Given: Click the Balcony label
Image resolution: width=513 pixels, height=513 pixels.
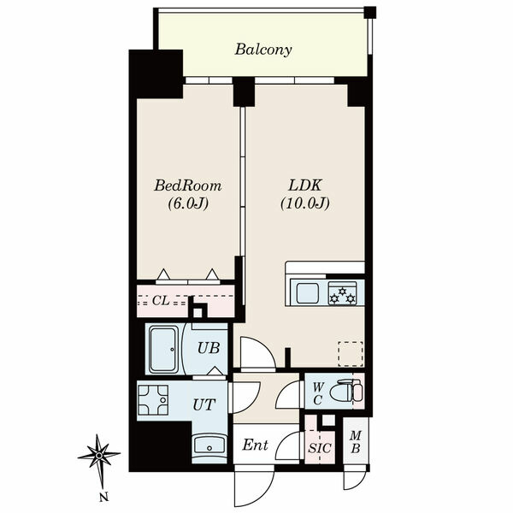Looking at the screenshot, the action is click(263, 50).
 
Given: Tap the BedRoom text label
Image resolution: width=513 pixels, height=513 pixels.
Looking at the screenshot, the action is click(188, 186).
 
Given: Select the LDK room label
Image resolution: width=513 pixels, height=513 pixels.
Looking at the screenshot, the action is click(305, 186).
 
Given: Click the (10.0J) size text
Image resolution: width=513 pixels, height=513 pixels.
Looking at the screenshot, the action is click(305, 203).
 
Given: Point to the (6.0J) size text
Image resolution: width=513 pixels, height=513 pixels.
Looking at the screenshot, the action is click(188, 203).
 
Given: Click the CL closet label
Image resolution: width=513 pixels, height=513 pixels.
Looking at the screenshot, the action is click(161, 301).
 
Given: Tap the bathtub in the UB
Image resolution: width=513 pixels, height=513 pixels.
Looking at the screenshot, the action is click(163, 349).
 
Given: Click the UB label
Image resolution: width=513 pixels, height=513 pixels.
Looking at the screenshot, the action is click(209, 348).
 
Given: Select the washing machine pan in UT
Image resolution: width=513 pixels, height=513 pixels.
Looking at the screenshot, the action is click(153, 400).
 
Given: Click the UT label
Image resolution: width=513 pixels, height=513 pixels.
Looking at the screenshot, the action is click(204, 405).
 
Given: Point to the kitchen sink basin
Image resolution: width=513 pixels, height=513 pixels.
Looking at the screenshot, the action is click(308, 292).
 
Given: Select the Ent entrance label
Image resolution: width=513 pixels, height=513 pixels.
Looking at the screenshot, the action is click(255, 445).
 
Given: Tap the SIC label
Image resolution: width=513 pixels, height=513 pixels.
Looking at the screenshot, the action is click(320, 448).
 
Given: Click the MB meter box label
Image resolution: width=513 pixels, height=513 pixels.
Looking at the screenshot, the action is click(356, 442).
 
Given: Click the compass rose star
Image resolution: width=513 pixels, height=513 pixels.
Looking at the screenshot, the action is click(99, 455).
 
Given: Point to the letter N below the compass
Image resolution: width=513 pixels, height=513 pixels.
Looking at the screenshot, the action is click(103, 498).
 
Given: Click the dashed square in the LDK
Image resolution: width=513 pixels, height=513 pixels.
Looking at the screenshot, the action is click(351, 354).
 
